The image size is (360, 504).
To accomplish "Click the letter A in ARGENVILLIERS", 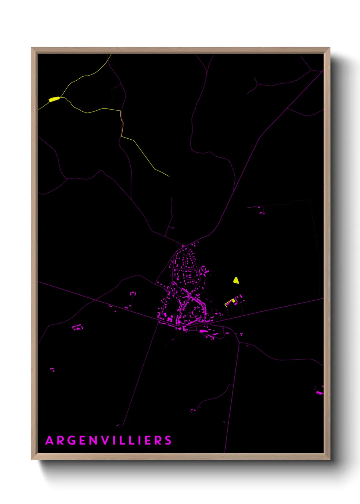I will tap(50, 441).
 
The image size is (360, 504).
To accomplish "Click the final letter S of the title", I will tap(168, 441).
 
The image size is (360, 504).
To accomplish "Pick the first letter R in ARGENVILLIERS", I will tap(61, 441).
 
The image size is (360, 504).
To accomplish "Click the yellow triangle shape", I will tap(236, 281).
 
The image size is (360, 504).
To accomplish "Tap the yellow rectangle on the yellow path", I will tap(54, 99).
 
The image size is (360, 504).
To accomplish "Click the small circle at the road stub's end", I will tap(173, 228).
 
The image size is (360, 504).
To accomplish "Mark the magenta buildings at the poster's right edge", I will tap(320, 392).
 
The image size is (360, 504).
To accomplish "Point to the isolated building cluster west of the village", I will tap(78, 328).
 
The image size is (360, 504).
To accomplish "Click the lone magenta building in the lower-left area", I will tap(52, 369).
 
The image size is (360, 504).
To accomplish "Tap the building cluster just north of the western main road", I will tap(133, 293).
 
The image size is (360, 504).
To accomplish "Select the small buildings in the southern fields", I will tap(193, 410).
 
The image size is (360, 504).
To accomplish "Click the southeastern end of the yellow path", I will tap(169, 176).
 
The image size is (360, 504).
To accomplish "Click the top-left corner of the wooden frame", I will tap(32, 48).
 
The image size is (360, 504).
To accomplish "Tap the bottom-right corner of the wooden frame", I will tap(329, 459).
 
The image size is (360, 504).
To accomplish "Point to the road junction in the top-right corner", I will tap(311, 70).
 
